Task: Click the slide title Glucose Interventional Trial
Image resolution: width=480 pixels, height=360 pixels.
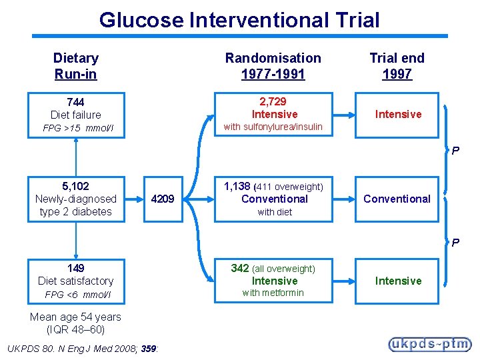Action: point(239,20)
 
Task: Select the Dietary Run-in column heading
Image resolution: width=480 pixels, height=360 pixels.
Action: point(75,65)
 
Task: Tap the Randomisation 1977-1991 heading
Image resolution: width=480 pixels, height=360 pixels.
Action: point(273,65)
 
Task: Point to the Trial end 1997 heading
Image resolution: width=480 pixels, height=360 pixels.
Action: point(397,65)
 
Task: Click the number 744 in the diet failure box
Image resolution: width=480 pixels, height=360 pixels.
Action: point(75,102)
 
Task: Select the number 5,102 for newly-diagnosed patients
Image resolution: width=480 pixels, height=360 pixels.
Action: point(75,186)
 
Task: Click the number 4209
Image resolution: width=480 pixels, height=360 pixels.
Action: point(162,199)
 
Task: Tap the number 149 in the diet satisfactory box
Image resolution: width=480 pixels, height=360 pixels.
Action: point(75,268)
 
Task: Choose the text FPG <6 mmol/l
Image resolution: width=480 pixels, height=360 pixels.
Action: point(77,295)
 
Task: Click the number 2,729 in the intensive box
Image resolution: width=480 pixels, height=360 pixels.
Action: point(273,101)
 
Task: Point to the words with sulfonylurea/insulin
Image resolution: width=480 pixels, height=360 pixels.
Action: point(273,127)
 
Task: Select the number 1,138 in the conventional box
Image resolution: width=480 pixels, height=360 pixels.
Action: point(237,186)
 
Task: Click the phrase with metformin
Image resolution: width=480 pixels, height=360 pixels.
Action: point(273,293)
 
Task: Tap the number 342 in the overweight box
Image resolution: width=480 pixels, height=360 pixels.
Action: point(239,268)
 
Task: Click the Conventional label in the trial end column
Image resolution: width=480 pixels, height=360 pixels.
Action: point(397,199)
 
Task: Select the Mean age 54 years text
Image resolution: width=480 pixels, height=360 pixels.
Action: point(75,317)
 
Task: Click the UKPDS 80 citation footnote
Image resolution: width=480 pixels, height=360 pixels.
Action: point(81,347)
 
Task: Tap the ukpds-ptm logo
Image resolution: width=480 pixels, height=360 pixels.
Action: point(429,344)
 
